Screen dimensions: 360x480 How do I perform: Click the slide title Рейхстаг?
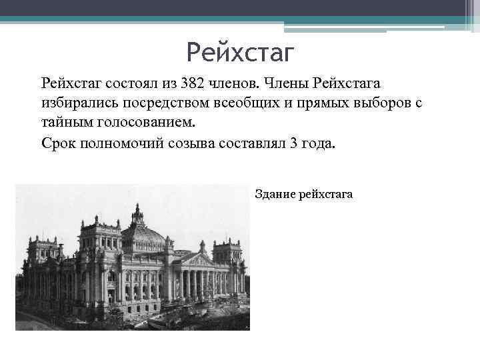point(240,51)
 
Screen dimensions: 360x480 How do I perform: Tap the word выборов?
point(375,104)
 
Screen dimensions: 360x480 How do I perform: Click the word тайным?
point(64,123)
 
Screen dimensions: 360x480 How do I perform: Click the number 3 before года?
point(295,143)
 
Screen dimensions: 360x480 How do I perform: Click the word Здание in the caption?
point(275,194)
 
